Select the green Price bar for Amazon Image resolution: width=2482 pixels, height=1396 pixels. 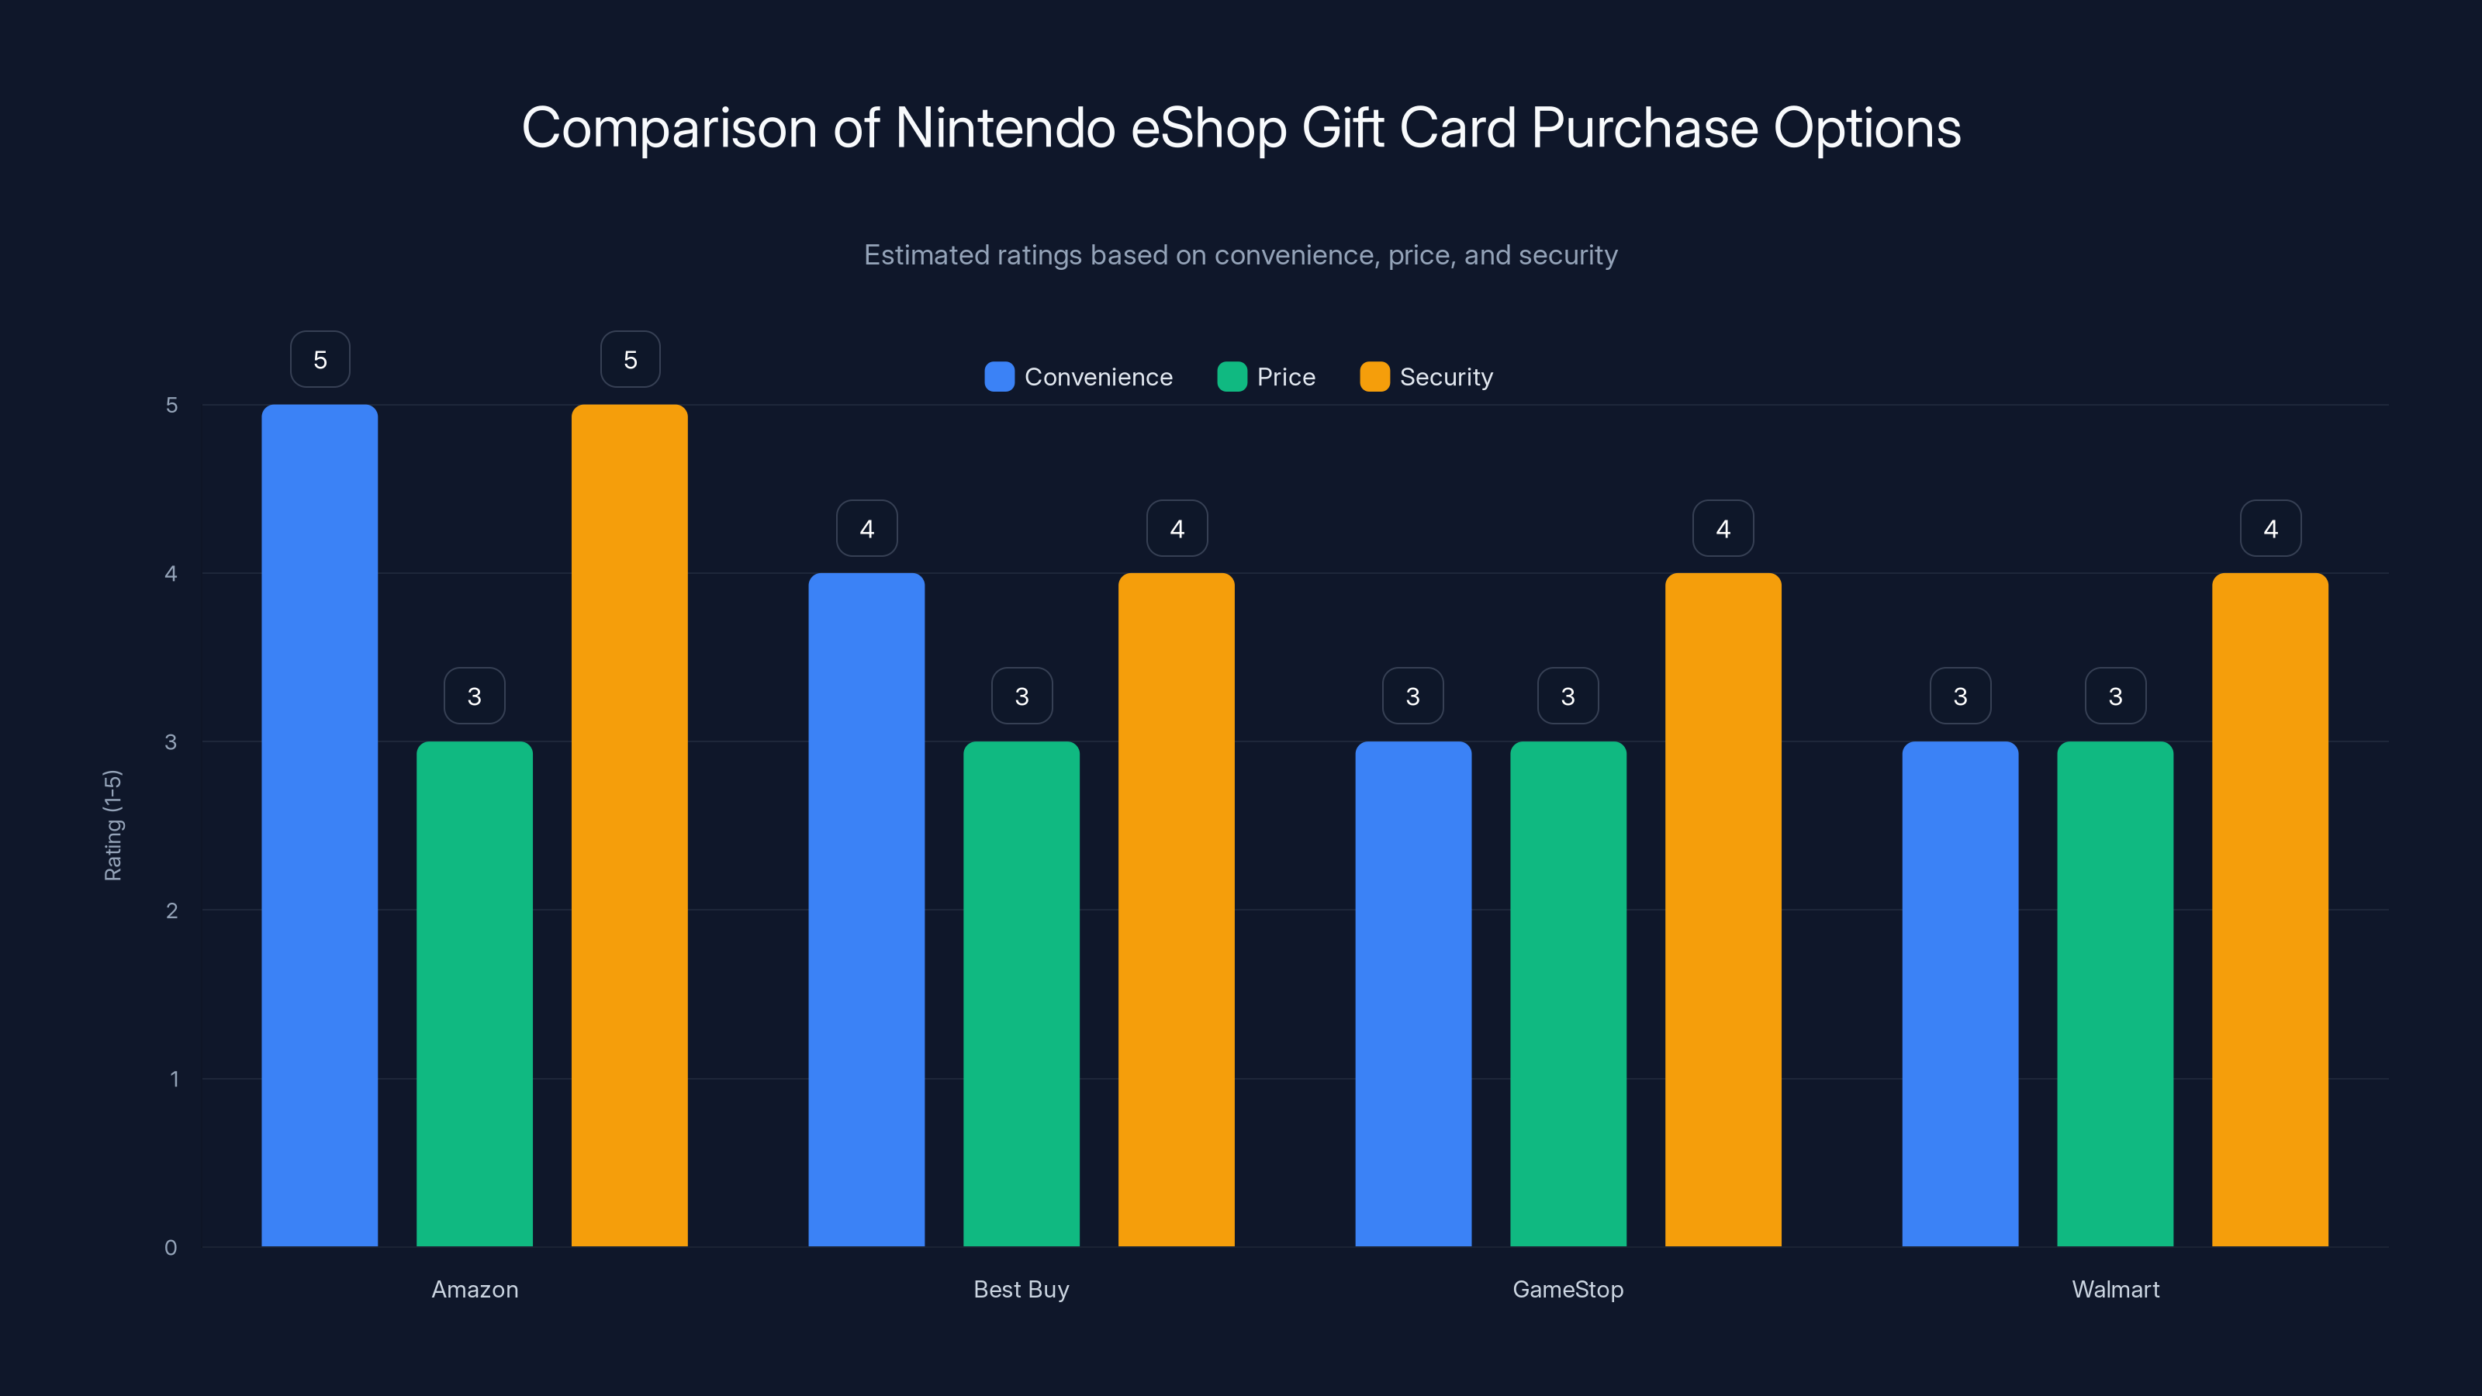pos(474,993)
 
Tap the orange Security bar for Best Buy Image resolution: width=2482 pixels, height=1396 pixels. pos(1176,910)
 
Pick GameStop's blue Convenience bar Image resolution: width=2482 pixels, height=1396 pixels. pos(1412,993)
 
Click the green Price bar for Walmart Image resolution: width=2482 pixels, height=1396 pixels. pos(2115,993)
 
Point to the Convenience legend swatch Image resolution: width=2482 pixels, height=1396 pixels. pos(999,377)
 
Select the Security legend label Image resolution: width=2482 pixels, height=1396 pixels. pos(1445,377)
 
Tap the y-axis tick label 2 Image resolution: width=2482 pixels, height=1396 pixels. pos(171,911)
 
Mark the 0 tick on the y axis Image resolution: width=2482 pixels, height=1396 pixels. pos(171,1248)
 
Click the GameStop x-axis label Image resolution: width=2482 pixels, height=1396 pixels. pos(1568,1289)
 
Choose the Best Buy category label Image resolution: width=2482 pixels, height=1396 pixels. pos(1021,1289)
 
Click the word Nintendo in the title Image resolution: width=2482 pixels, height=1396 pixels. pos(1005,128)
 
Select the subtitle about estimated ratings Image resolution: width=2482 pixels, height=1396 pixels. pos(1240,255)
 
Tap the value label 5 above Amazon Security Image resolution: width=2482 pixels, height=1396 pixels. pos(630,359)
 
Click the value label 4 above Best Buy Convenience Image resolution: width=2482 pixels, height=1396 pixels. pos(866,528)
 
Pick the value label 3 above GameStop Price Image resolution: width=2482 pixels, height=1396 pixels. pos(1568,696)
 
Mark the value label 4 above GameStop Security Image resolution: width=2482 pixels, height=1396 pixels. pos(1723,528)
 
